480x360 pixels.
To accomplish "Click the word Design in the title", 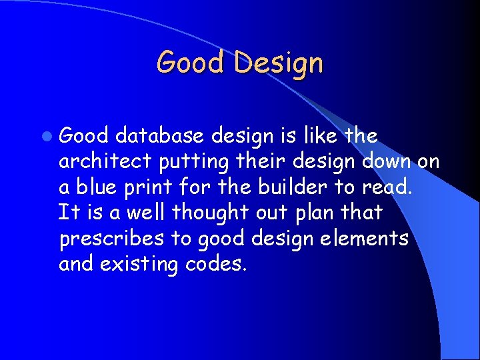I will [x=279, y=63].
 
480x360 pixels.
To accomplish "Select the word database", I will [x=159, y=136].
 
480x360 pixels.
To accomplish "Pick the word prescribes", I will [x=111, y=239].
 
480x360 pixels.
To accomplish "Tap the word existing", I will [x=139, y=264].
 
